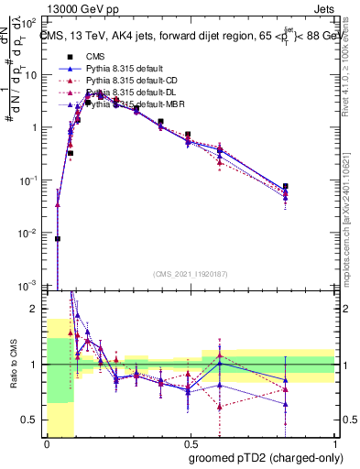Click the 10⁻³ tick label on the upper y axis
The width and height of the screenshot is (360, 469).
[31, 287]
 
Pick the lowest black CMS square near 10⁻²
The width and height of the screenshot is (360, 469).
[58, 238]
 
